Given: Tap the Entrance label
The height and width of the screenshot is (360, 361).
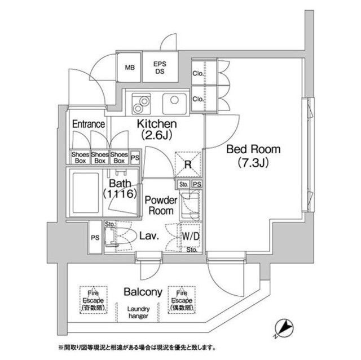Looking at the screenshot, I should pos(89,124).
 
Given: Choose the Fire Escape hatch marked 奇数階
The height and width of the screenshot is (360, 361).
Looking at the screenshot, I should pos(90,297).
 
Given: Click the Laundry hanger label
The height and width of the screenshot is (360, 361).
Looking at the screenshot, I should pos(137,312).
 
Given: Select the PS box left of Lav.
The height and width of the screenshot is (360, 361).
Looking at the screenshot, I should pos(94,237).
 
